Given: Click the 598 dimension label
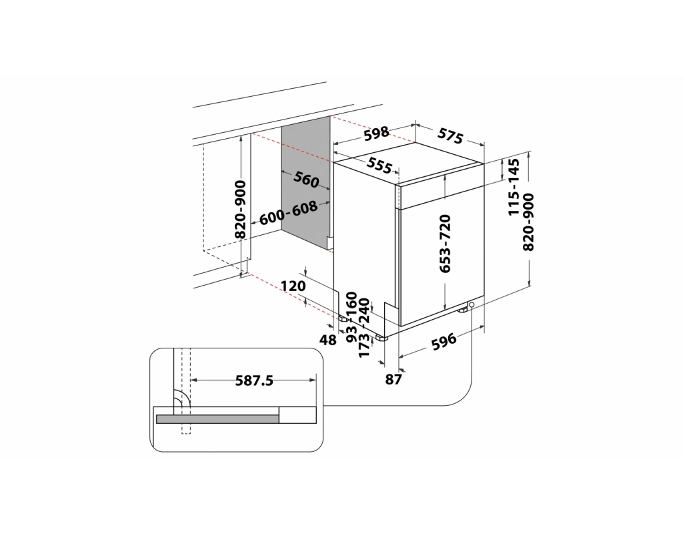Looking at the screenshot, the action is [376, 133].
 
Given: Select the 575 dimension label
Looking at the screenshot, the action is [450, 136].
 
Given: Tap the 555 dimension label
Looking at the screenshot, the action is [379, 165].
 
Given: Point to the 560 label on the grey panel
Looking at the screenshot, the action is [306, 179].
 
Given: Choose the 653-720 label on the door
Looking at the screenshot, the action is [445, 244].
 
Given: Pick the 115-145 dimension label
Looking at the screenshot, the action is [514, 187].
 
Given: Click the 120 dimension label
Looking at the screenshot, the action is [293, 286].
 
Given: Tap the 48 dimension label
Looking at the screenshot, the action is [328, 340].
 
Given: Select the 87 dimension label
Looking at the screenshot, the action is [393, 380].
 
